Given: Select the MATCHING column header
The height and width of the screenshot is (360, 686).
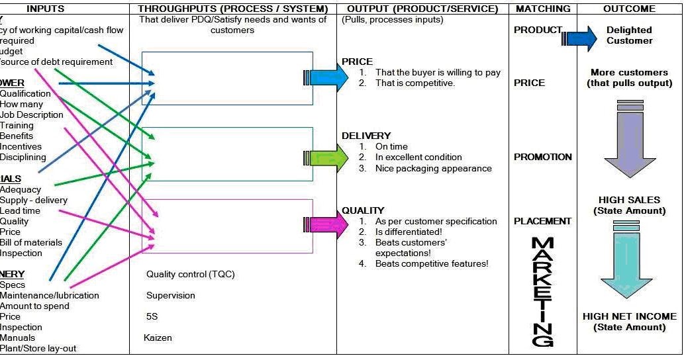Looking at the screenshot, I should [x=542, y=9].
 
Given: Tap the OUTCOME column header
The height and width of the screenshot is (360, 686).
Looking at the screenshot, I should [x=629, y=9].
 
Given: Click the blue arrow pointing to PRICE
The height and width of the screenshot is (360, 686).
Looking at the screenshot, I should [x=328, y=77].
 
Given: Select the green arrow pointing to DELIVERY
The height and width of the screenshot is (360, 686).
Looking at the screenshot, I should [x=328, y=157].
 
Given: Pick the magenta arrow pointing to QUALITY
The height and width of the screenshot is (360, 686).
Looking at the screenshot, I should [x=328, y=225].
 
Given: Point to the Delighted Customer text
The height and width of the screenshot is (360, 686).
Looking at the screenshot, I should [x=629, y=35].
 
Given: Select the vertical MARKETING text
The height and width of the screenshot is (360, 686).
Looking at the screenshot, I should [x=543, y=291].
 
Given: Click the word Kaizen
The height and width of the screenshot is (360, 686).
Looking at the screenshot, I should [x=159, y=337].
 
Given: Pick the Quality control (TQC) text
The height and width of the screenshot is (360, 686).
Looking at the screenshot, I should [x=190, y=274].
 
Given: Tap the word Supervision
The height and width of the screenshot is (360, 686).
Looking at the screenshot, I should [x=171, y=295].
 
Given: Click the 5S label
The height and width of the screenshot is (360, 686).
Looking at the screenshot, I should [x=152, y=316].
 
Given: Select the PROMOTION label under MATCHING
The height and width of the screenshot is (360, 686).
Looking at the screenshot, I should [x=542, y=157].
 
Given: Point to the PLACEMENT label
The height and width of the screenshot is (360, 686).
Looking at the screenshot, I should [x=542, y=221].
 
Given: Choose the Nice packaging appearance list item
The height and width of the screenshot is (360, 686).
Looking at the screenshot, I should [x=433, y=168].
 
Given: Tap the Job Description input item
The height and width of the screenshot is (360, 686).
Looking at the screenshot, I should [x=32, y=114].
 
